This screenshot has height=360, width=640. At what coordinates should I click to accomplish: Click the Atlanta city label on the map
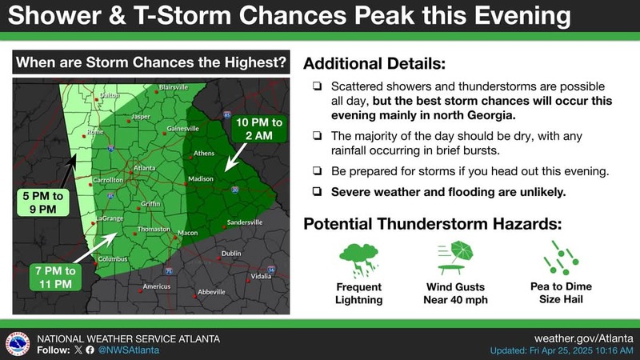[x=145, y=168]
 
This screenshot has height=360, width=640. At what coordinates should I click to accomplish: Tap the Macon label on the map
[x=188, y=233]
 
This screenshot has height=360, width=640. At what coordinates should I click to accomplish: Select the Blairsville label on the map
[x=174, y=87]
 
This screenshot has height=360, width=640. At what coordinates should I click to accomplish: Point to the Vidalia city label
[x=261, y=276]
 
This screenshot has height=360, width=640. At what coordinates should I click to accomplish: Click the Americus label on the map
[x=157, y=286]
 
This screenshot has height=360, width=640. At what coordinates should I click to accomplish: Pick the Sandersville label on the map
[x=245, y=222]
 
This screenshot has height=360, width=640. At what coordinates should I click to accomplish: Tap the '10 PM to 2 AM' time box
[x=258, y=129]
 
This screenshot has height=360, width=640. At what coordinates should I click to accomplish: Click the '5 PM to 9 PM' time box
[x=43, y=202]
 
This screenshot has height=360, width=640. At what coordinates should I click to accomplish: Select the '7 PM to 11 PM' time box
[x=55, y=277]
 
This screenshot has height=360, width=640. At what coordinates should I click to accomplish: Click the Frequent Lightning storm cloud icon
[x=358, y=259]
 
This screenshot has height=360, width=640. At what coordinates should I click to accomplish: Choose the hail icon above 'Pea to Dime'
[x=561, y=258]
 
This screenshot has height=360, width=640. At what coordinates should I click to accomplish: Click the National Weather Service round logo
[x=18, y=344]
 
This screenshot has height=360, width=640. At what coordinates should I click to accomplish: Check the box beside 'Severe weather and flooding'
[x=317, y=191]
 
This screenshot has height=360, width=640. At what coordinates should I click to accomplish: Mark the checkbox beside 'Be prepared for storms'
[x=317, y=170]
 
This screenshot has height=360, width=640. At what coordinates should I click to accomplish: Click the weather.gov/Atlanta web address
[x=584, y=338]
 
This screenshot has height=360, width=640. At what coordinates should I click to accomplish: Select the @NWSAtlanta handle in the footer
[x=129, y=350]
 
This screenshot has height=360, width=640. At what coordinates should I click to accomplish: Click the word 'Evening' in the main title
[x=522, y=15]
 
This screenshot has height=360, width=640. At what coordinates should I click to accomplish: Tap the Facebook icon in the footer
[x=90, y=350]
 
